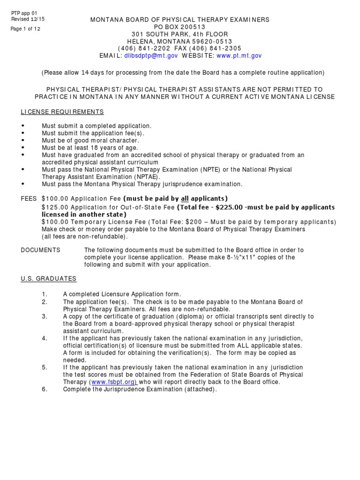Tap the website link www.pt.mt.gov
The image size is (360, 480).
(x=239, y=55)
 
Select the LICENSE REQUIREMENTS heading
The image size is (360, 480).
(x=62, y=112)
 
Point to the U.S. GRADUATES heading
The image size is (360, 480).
(x=48, y=278)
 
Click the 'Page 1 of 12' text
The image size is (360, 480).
(x=25, y=29)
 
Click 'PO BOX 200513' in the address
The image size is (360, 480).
(x=180, y=27)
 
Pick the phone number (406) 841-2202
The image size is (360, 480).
(x=139, y=48)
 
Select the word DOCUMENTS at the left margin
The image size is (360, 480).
(x=40, y=250)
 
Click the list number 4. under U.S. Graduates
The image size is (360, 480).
(x=45, y=338)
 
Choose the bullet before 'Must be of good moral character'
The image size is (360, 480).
(x=23, y=141)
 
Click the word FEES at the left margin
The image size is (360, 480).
(x=29, y=199)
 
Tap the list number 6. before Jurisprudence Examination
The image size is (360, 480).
(x=45, y=389)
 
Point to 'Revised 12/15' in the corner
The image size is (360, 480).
(x=28, y=19)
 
